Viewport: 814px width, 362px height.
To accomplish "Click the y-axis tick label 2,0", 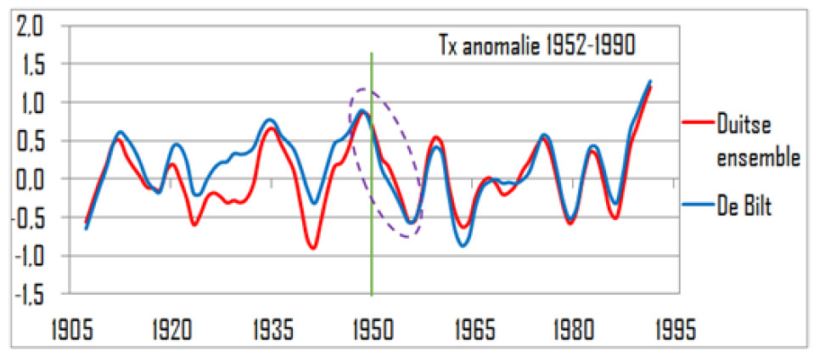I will point(31,26).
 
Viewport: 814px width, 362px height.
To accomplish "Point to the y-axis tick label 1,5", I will point(31,65).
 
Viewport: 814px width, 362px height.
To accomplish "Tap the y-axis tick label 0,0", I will point(31,179).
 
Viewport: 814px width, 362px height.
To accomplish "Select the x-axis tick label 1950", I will point(372,328).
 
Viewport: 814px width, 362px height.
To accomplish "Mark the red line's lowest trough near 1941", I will point(314,248).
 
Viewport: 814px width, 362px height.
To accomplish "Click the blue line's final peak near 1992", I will point(650,82).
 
